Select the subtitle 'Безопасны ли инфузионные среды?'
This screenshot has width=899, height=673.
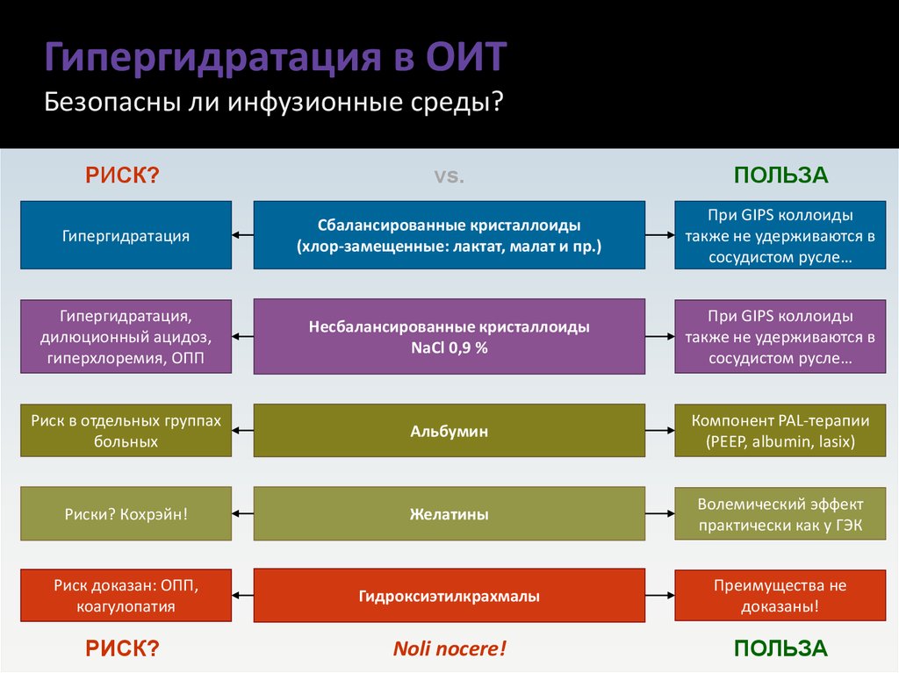pyautogui.click(x=274, y=103)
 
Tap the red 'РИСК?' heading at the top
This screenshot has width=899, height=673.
pyautogui.click(x=122, y=175)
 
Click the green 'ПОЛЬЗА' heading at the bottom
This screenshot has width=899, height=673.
pyautogui.click(x=780, y=648)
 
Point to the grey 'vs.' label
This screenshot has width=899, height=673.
pyautogui.click(x=449, y=175)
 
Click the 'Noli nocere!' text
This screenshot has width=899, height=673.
pyautogui.click(x=449, y=649)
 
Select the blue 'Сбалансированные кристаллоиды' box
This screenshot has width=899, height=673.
pyautogui.click(x=449, y=235)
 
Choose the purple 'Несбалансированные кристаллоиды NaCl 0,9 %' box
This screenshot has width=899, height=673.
pyautogui.click(x=449, y=336)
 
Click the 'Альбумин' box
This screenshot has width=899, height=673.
pyautogui.click(x=449, y=432)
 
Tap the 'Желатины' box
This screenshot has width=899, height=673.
pyautogui.click(x=449, y=515)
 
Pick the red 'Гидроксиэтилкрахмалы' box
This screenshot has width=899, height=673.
pyautogui.click(x=449, y=597)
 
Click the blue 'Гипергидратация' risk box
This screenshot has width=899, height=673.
pyautogui.click(x=126, y=235)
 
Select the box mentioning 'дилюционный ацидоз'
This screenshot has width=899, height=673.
pyautogui.click(x=126, y=336)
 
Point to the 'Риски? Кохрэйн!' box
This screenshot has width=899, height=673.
pyautogui.click(x=126, y=515)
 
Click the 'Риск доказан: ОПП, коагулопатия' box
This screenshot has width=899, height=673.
pyautogui.click(x=126, y=595)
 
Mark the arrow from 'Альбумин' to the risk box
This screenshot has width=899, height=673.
pyautogui.click(x=243, y=432)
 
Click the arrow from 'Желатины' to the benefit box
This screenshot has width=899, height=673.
pyautogui.click(x=659, y=515)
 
